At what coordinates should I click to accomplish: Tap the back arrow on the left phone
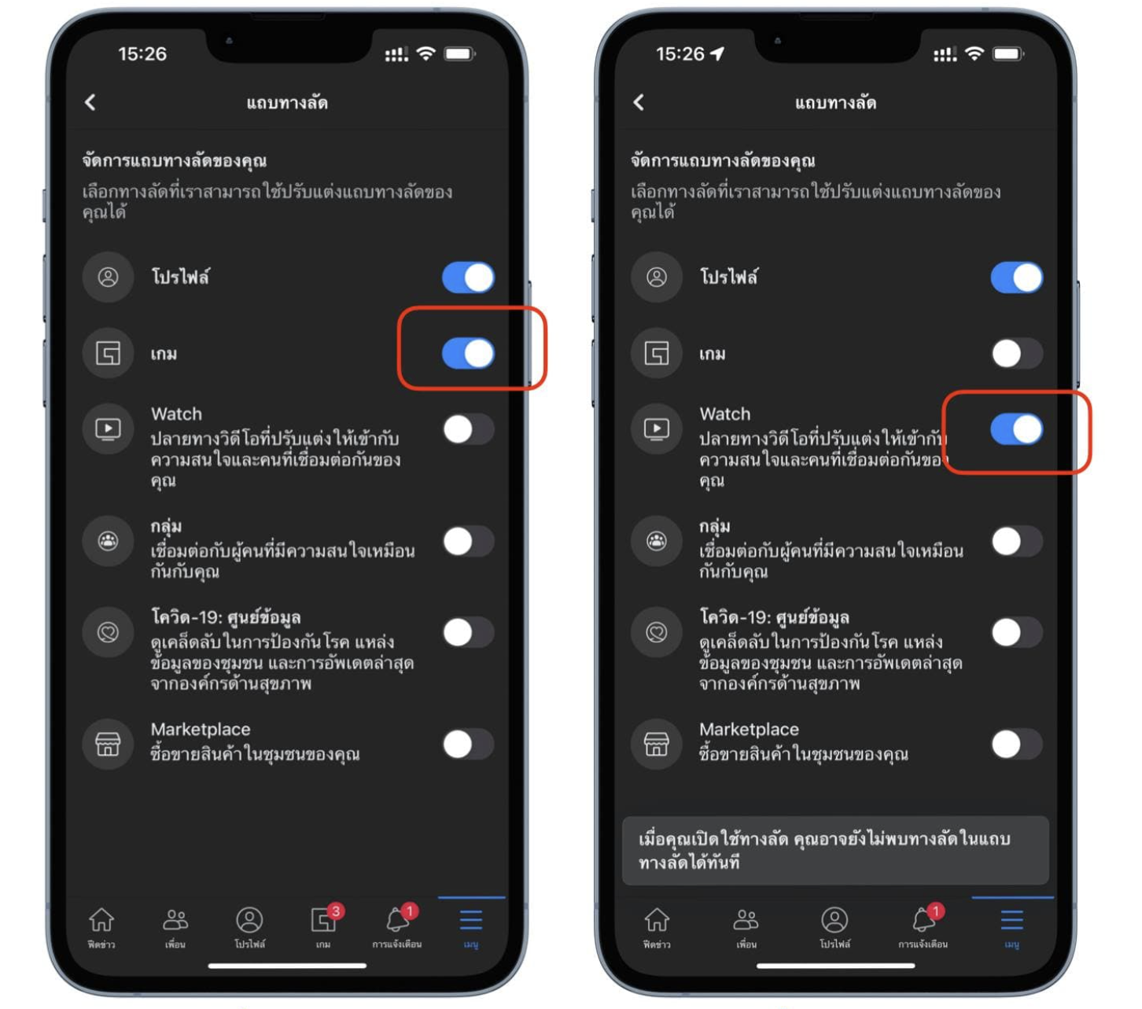[90, 102]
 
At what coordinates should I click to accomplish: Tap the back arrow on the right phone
[639, 102]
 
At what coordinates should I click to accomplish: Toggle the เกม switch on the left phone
[469, 353]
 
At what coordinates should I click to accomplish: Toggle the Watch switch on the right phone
[1017, 429]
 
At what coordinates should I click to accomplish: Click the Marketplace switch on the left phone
[469, 744]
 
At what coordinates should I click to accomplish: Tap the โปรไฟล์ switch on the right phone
[1017, 278]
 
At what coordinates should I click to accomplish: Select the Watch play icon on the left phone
[109, 429]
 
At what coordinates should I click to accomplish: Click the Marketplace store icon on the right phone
[657, 744]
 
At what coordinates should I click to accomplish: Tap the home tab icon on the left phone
[101, 919]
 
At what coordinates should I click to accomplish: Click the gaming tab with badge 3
[324, 919]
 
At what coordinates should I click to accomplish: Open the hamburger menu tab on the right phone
[1011, 920]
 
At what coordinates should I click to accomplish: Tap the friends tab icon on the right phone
[746, 919]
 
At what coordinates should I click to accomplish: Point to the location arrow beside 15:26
[717, 53]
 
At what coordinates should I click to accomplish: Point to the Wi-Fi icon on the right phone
[974, 53]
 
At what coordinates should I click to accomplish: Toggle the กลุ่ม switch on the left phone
[469, 541]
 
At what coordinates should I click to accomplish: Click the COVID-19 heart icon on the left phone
[109, 632]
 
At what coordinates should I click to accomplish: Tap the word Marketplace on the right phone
[749, 729]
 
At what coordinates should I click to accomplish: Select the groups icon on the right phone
[657, 541]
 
